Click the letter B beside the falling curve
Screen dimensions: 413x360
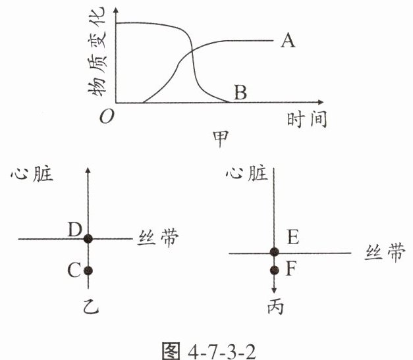pyautogui.click(x=240, y=93)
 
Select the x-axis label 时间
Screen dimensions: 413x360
pyautogui.click(x=307, y=120)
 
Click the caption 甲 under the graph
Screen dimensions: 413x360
pyautogui.click(x=222, y=140)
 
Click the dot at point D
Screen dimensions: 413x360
pyautogui.click(x=89, y=238)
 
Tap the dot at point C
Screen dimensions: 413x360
pyautogui.click(x=89, y=270)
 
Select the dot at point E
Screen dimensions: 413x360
pyautogui.click(x=275, y=252)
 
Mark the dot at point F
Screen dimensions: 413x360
pyautogui.click(x=275, y=270)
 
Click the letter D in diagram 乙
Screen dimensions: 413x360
pyautogui.click(x=74, y=229)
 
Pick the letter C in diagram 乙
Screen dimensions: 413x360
pyautogui.click(x=73, y=270)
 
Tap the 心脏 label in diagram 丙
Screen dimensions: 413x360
pyautogui.click(x=246, y=174)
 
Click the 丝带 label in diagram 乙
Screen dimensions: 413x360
pyautogui.click(x=157, y=238)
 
